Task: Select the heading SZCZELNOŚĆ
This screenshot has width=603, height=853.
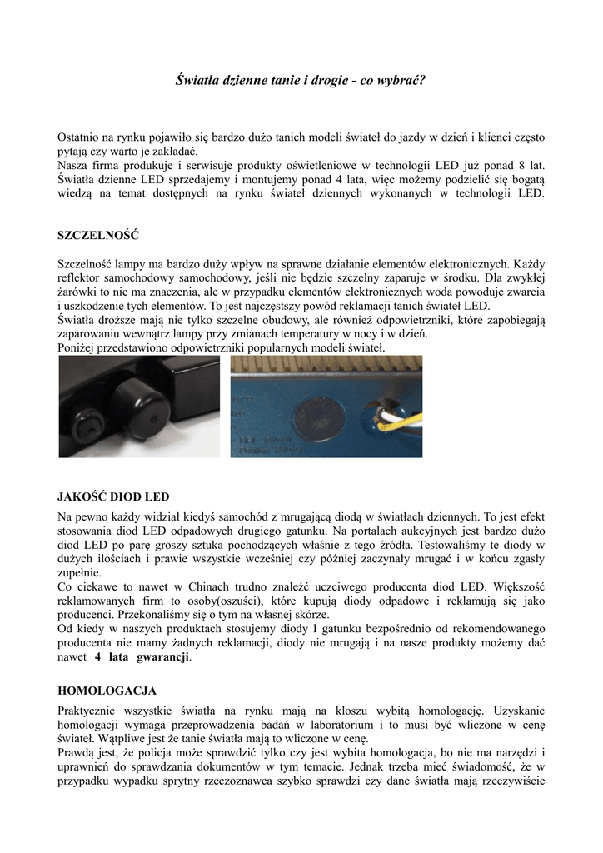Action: click(x=97, y=235)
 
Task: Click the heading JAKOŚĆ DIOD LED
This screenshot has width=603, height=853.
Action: click(x=113, y=496)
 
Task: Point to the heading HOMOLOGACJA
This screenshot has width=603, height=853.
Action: click(x=107, y=691)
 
